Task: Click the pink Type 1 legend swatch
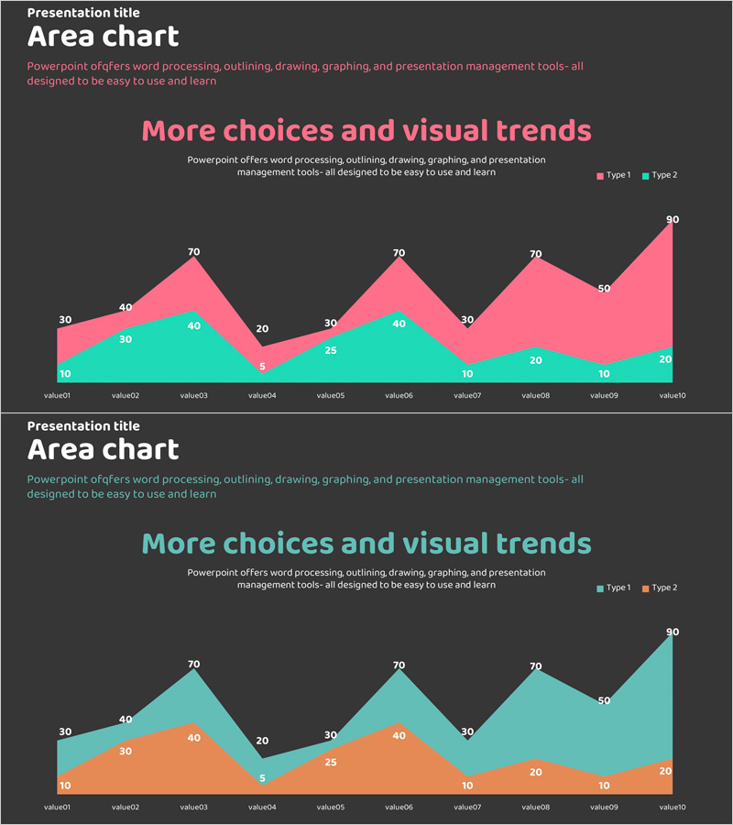[x=601, y=175]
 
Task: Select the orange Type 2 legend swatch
[x=646, y=588]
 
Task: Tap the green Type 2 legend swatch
[x=646, y=175]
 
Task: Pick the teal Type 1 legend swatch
[x=601, y=588]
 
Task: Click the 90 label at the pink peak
[x=673, y=220]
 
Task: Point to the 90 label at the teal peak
[x=673, y=632]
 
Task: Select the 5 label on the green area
[x=262, y=367]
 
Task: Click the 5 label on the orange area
[x=262, y=779]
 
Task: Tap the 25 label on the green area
[x=330, y=350]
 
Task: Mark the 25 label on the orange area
[x=330, y=763]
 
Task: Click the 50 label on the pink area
[x=604, y=289]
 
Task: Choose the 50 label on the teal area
[x=604, y=701]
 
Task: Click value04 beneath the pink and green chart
[x=262, y=396]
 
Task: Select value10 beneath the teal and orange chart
[x=673, y=808]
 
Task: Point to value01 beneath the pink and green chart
[x=58, y=396]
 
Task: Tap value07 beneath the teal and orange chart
[x=467, y=808]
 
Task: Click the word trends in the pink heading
[x=543, y=130]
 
